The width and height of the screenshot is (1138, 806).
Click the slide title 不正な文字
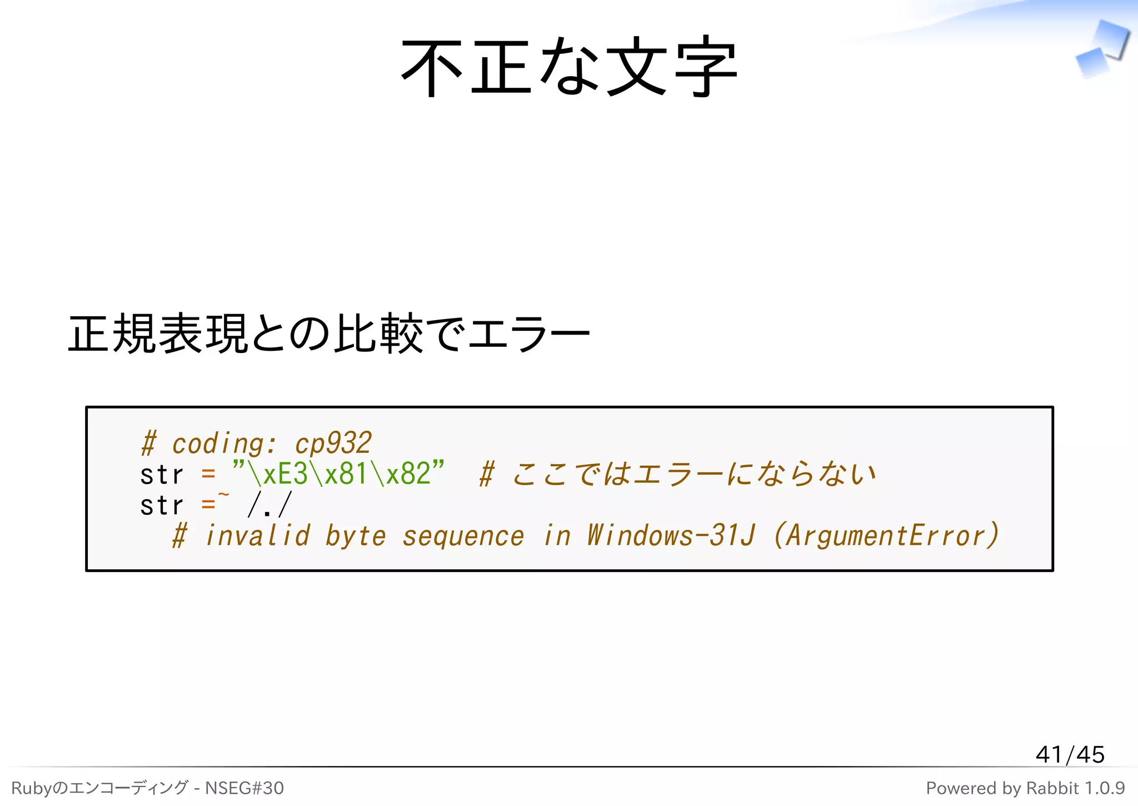click(x=569, y=67)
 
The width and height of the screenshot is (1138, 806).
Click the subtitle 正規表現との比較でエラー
click(x=328, y=334)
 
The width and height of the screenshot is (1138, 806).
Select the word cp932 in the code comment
click(x=333, y=444)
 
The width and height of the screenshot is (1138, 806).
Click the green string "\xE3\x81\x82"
click(x=338, y=474)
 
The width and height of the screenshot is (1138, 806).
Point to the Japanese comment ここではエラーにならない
click(x=693, y=474)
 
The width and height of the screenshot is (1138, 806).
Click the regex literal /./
click(x=269, y=505)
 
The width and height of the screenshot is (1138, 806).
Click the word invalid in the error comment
click(x=257, y=536)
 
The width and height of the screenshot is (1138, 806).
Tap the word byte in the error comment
click(x=356, y=536)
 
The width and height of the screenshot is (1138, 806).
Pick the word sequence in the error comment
click(x=463, y=536)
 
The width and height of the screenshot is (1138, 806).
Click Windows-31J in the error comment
click(x=671, y=536)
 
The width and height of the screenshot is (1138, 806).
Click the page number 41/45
click(x=1070, y=754)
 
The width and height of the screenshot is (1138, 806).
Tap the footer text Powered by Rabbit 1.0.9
click(x=1025, y=788)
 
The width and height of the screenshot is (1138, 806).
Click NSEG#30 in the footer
click(x=244, y=788)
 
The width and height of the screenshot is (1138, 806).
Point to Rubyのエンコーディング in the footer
click(x=100, y=788)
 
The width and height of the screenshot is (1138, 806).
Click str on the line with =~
click(x=161, y=505)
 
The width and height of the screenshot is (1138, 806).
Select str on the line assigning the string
click(x=161, y=475)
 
